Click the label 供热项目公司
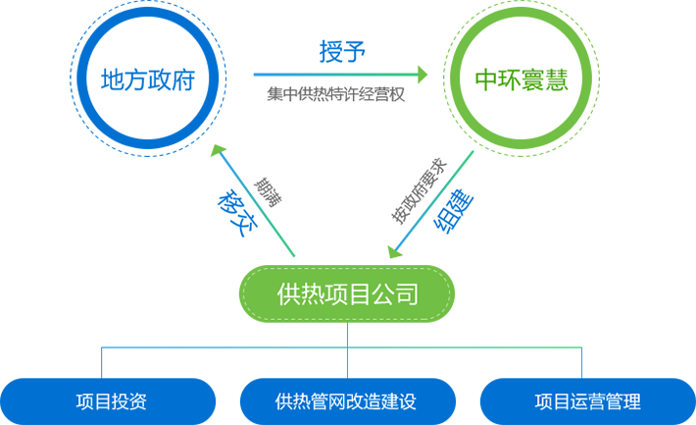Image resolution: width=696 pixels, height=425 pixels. coord(348,293)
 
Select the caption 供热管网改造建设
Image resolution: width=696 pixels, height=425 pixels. coord(346,401)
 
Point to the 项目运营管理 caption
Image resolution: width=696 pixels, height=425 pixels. coord(587,401)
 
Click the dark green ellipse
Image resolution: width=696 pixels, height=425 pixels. coord(521,77)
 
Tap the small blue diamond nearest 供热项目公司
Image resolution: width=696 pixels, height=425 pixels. coord(347,336)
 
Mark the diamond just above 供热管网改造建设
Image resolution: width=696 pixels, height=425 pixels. coord(347,362)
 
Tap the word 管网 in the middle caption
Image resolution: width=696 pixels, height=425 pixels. coord(328,401)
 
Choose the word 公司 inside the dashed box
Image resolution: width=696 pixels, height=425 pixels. coord(401,293)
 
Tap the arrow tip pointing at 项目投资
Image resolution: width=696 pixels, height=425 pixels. coord(98,367)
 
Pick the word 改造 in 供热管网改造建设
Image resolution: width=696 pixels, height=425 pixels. coord(364,401)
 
